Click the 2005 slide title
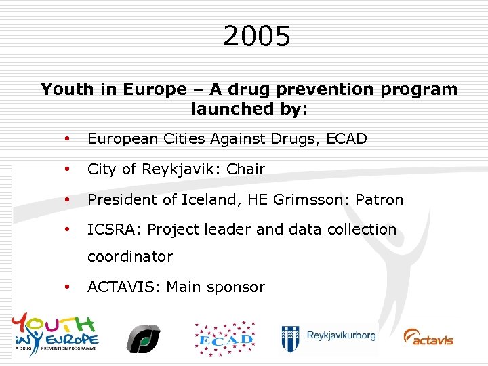[256, 37]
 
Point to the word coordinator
[130, 257]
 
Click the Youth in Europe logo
[55, 331]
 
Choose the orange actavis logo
[428, 337]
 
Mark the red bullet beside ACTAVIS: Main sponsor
[67, 287]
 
